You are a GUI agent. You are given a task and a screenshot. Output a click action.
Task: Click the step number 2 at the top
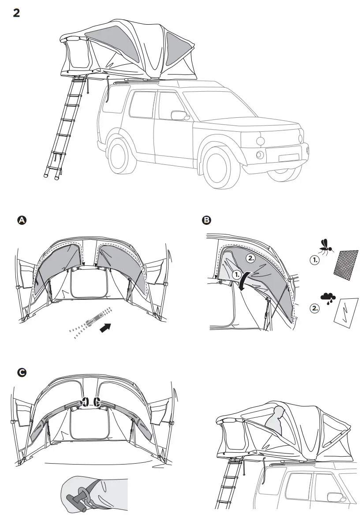(x=16, y=13)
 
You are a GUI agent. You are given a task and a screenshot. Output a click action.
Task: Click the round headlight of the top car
(x=260, y=141)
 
